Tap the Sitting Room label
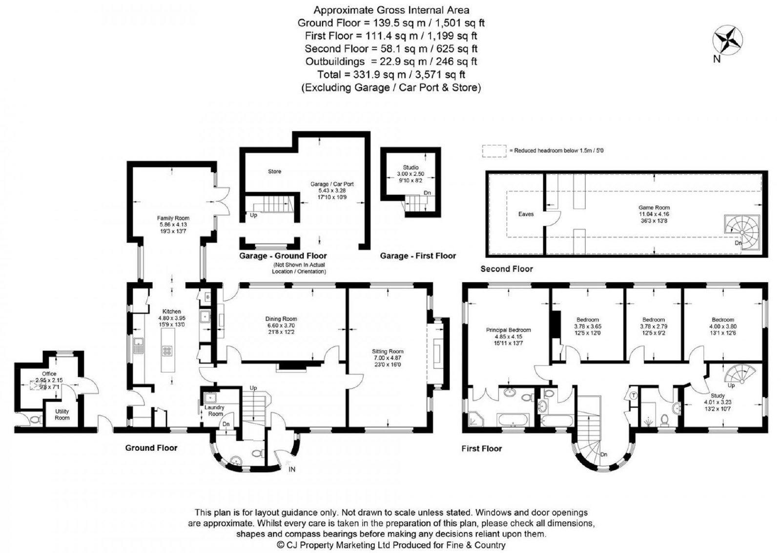tap(388, 351)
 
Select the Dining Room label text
tap(281, 319)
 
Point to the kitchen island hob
tap(167, 351)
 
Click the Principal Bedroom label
tap(508, 330)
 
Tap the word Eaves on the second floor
tap(526, 214)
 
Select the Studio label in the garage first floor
tap(411, 168)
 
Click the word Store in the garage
tap(274, 171)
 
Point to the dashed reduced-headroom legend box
tap(494, 151)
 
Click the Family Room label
tap(173, 218)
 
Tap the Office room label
tap(49, 374)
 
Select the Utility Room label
tap(62, 414)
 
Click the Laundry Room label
tap(214, 410)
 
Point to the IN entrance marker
tap(292, 469)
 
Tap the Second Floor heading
tap(507, 269)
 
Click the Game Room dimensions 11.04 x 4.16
tap(654, 214)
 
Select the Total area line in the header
tap(391, 74)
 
